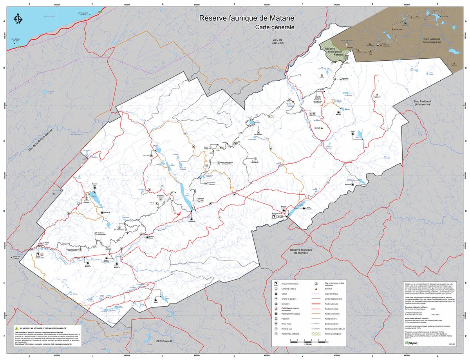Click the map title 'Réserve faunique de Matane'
246,18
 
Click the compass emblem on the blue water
18,19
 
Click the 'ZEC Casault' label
164,342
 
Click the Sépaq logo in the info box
411,342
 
